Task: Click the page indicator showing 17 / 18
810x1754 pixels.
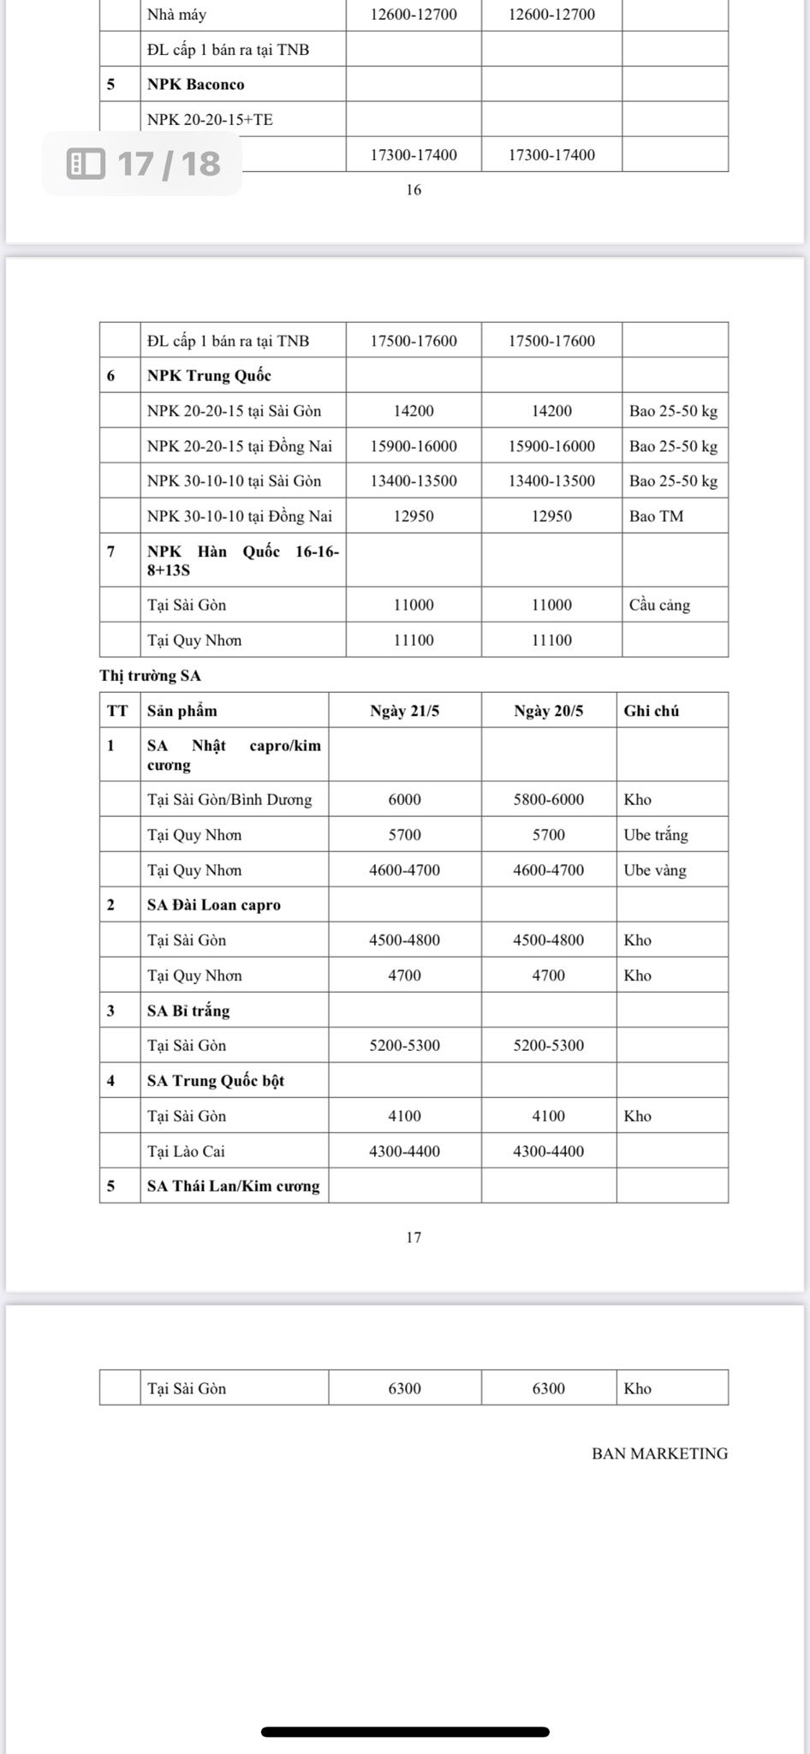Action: (143, 163)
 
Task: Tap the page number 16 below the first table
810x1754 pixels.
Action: (414, 190)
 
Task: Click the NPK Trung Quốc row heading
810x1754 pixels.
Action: (209, 375)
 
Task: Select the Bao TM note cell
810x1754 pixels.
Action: (656, 516)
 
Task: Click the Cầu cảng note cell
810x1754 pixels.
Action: (659, 605)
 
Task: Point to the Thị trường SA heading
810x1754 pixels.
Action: (150, 676)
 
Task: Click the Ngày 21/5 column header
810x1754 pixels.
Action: (404, 711)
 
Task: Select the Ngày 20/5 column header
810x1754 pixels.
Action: (548, 711)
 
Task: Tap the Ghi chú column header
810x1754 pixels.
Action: (652, 711)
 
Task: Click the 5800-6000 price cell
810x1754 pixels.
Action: (548, 799)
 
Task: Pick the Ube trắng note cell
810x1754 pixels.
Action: (656, 835)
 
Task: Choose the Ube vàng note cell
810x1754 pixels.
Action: (655, 870)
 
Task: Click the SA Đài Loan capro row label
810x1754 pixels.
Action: (214, 904)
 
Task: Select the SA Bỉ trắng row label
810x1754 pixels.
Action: (188, 1011)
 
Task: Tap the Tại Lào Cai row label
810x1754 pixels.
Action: (186, 1151)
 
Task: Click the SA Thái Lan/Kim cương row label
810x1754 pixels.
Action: (233, 1186)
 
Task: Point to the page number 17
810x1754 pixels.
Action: (414, 1238)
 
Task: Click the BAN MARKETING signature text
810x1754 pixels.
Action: (659, 1453)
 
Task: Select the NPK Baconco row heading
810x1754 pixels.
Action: (195, 84)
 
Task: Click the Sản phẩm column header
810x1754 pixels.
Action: (182, 711)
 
